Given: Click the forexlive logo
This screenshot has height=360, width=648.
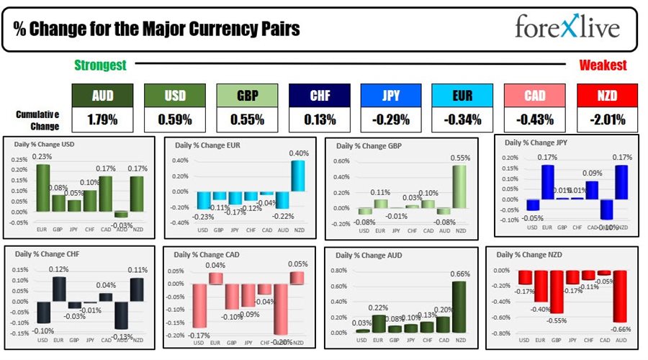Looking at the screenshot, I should tap(567, 27).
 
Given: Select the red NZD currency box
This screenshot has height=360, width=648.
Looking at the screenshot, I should tap(607, 94).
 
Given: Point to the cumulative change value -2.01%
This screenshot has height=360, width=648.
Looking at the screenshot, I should tap(607, 119).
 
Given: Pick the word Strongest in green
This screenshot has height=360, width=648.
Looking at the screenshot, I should tap(100, 66).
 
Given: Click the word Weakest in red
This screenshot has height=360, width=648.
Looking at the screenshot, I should tap(603, 66).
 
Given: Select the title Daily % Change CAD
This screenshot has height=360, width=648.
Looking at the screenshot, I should tap(206, 255).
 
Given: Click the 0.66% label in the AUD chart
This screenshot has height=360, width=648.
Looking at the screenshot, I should tap(459, 274).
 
